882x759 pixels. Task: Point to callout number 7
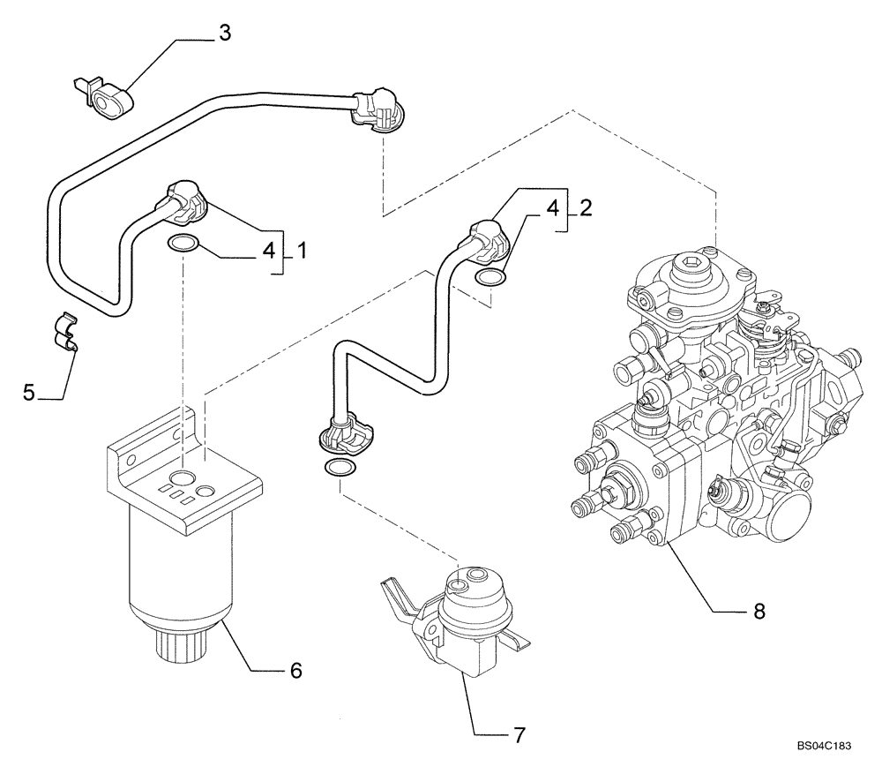(x=519, y=733)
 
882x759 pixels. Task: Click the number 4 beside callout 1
(x=268, y=252)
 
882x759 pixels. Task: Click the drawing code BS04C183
(x=823, y=746)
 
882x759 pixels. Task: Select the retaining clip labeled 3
(x=105, y=100)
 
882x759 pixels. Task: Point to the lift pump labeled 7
(x=459, y=618)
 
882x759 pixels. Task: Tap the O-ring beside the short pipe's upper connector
(x=490, y=279)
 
